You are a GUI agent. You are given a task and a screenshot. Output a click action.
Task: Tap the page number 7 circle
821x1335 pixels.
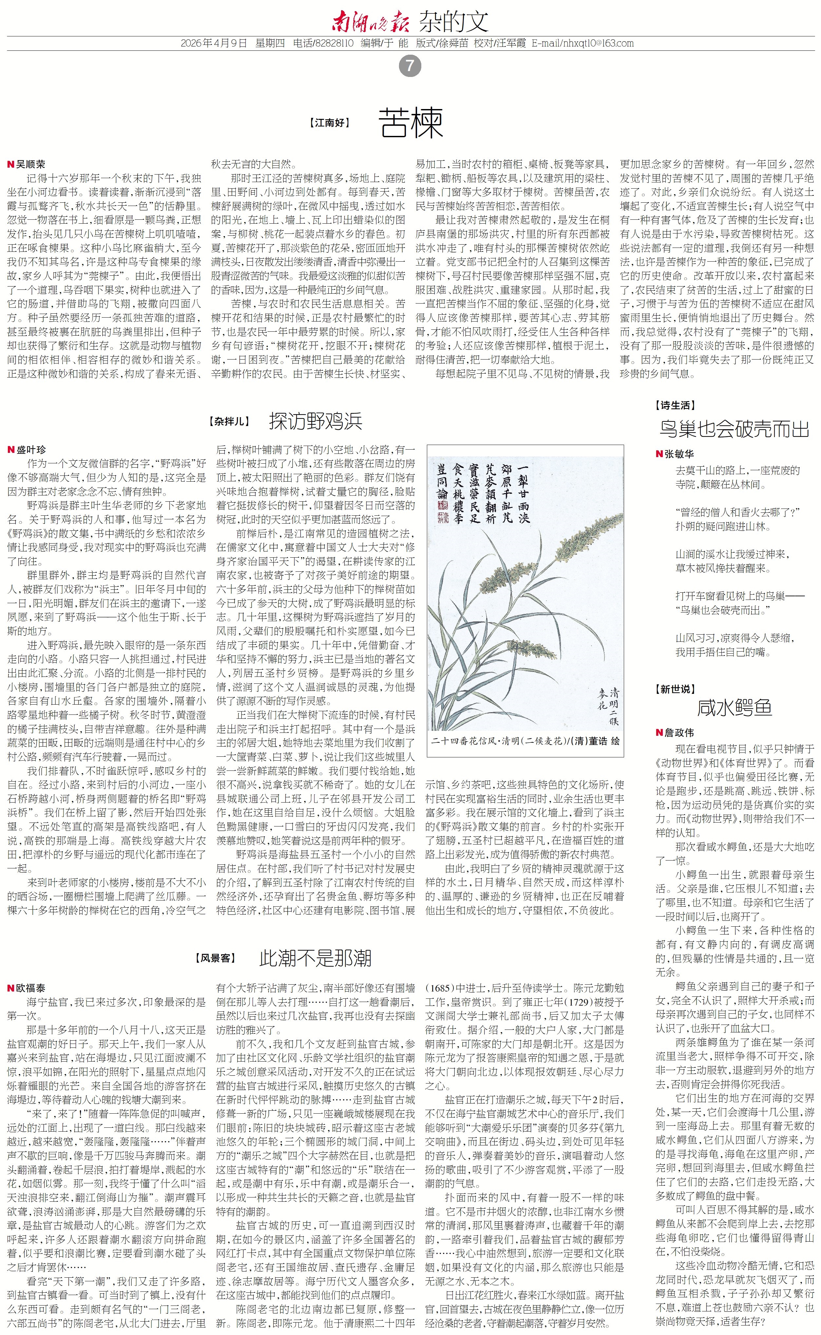tap(410, 66)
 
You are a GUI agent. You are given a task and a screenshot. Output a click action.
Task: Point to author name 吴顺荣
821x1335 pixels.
tap(31, 164)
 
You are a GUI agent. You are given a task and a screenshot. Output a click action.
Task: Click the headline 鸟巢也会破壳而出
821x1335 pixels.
tap(734, 429)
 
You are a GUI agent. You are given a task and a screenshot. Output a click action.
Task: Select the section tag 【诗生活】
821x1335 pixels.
tap(676, 405)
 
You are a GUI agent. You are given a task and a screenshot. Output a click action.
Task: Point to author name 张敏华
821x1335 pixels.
tap(679, 454)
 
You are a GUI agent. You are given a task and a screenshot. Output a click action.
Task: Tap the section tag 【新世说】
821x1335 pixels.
tap(676, 689)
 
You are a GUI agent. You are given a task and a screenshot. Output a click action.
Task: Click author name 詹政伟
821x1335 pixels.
tap(679, 732)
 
